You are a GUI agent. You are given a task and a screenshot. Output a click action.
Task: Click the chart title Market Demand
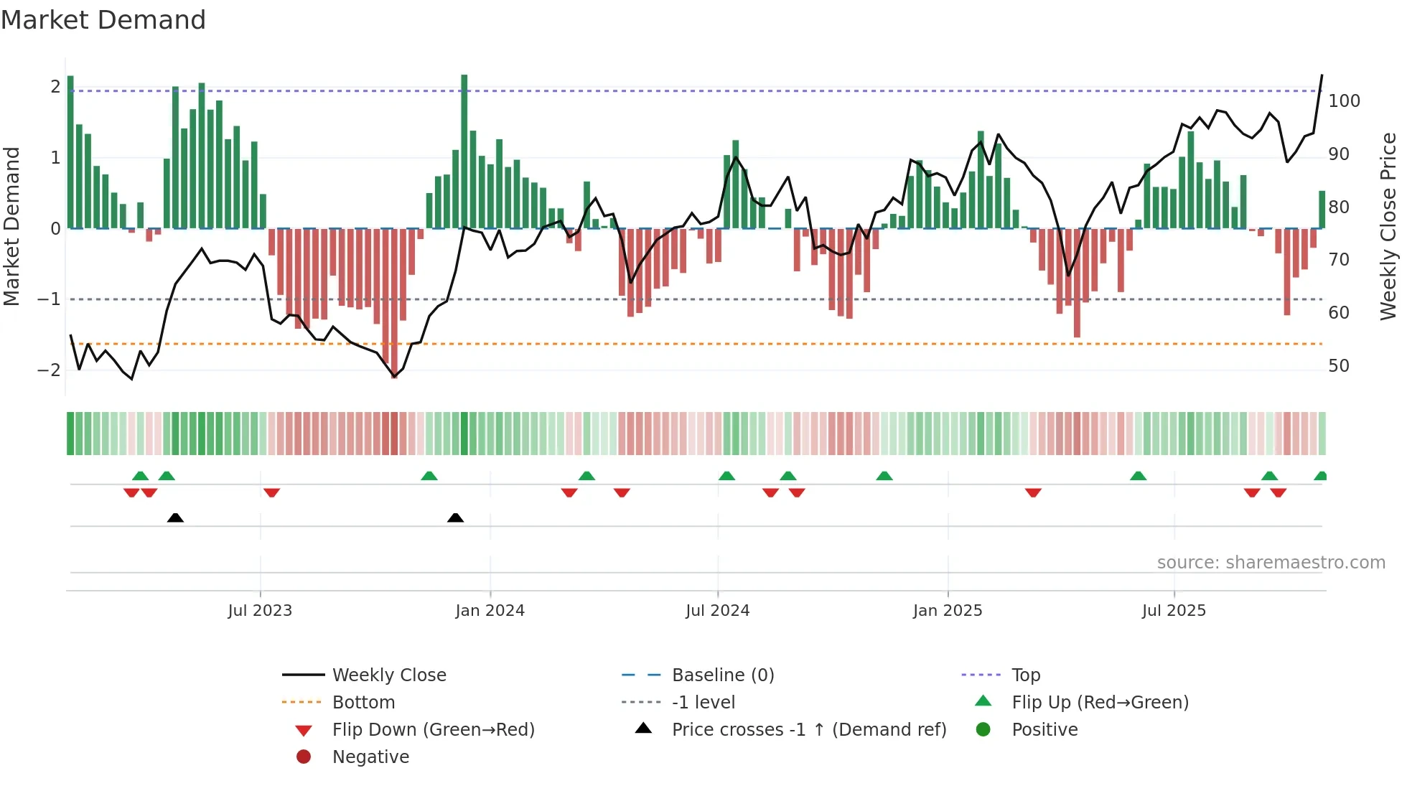click(x=103, y=20)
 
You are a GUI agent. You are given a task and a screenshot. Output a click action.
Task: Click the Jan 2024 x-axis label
click(x=490, y=611)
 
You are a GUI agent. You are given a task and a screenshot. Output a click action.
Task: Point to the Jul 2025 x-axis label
click(x=1174, y=611)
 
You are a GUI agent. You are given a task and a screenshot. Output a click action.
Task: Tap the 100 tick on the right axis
click(x=1344, y=101)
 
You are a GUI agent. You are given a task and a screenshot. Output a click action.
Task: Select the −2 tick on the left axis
click(x=49, y=370)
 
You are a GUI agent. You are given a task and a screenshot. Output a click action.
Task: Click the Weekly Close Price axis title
click(x=1388, y=226)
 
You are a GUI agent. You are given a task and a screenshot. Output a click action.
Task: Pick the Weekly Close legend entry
click(x=388, y=675)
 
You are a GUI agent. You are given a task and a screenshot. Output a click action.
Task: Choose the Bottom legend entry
click(x=363, y=703)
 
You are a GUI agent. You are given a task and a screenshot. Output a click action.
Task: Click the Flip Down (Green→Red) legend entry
click(x=433, y=730)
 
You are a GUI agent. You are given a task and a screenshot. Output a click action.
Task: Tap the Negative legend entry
click(x=370, y=757)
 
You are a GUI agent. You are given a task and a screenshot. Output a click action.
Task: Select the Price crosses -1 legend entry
click(x=808, y=730)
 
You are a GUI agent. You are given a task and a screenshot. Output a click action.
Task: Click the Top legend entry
click(x=1025, y=675)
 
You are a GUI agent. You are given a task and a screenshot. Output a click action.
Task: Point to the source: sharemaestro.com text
click(x=1271, y=563)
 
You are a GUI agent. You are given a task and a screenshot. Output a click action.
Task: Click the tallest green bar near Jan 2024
click(x=464, y=151)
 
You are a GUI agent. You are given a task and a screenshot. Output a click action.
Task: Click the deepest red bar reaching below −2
click(x=394, y=301)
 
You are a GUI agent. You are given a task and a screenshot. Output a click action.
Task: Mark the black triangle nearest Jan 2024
click(x=455, y=518)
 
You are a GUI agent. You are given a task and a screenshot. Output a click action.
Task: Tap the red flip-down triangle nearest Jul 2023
click(x=271, y=492)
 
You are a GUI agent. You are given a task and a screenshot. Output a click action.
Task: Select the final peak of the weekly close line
click(x=1322, y=76)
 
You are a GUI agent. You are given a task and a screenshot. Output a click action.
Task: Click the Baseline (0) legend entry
click(x=722, y=675)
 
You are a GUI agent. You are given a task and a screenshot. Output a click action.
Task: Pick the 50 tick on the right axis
click(x=1339, y=366)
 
